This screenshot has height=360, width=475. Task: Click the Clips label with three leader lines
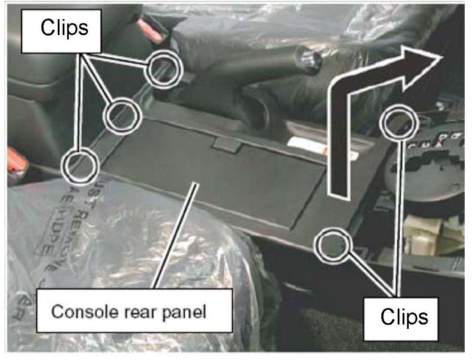64,28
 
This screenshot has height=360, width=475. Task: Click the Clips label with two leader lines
404,316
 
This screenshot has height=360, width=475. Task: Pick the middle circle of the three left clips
122,115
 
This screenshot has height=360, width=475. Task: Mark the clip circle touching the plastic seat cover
80,165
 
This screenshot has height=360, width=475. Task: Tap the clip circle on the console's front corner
333,245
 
